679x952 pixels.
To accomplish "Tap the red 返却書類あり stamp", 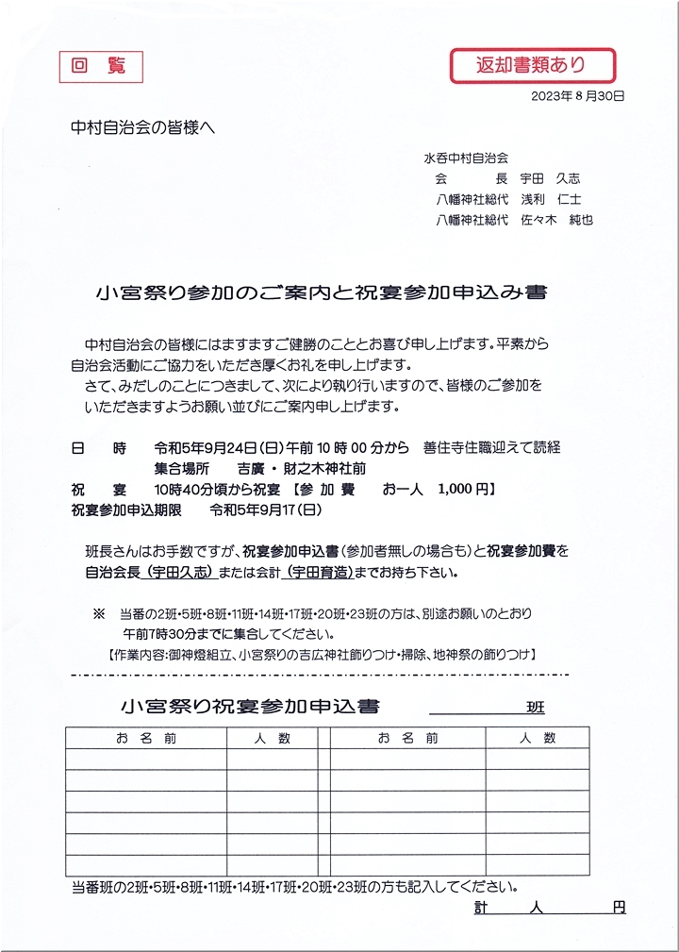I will (531, 65).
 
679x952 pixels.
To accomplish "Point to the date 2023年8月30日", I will (578, 96).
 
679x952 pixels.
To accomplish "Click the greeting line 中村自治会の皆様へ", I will (143, 127).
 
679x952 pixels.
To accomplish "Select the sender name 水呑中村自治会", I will (466, 158).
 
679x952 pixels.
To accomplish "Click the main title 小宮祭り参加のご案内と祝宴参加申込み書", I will (322, 292).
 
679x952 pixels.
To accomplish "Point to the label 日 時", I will (98, 448).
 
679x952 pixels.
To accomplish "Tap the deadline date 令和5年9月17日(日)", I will (266, 510).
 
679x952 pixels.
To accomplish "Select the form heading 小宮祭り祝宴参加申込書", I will (250, 707).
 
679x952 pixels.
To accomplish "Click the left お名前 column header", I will (145, 738).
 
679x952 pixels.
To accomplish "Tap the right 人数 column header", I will (537, 738).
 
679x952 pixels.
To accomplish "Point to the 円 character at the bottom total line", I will (618, 908).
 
